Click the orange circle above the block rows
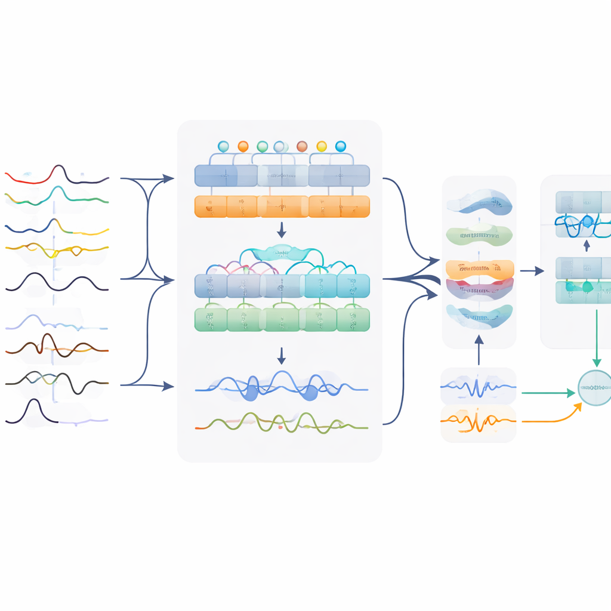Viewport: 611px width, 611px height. point(243,146)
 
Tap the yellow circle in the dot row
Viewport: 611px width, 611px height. point(322,146)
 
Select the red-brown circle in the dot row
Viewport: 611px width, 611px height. point(302,146)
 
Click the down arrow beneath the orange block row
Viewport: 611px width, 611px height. point(282,230)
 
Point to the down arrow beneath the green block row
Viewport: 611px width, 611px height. point(282,356)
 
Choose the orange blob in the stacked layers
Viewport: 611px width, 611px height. point(480,269)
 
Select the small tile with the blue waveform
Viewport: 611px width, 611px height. point(478,387)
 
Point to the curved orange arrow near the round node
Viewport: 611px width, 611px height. point(555,418)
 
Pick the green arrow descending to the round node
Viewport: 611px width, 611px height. point(596,338)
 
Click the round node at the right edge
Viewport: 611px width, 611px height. point(595,388)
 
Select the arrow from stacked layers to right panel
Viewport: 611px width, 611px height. point(532,271)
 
